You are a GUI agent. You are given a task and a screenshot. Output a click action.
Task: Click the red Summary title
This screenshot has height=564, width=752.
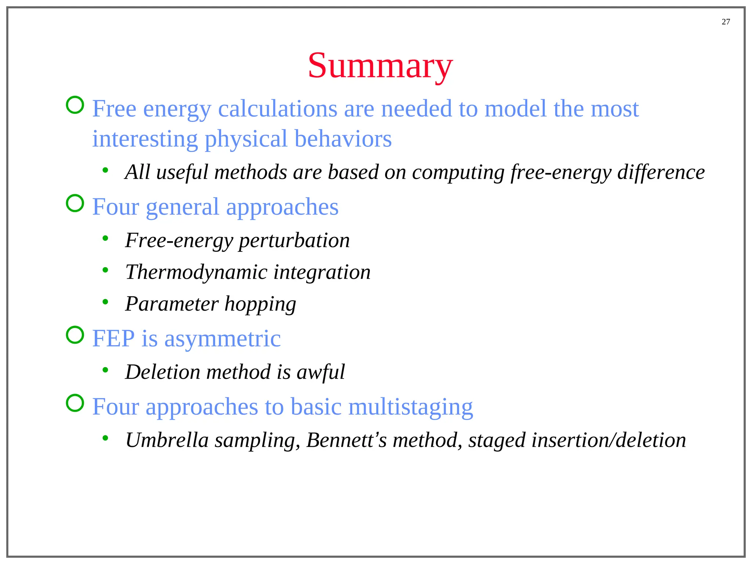coord(380,66)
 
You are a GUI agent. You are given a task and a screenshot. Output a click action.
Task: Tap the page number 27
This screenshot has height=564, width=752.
coord(726,22)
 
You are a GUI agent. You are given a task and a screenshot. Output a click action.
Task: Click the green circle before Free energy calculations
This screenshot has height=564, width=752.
coord(75,105)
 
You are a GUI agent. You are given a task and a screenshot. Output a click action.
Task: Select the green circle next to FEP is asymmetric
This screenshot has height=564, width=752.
coord(75,335)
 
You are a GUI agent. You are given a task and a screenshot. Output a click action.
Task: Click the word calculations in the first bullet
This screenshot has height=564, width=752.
coord(278,109)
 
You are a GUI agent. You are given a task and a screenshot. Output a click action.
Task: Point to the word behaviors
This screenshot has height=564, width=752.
coord(343,139)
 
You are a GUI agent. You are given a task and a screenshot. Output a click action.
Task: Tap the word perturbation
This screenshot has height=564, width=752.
coord(294,241)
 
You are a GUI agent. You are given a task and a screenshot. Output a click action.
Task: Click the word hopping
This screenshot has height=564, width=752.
coord(260,304)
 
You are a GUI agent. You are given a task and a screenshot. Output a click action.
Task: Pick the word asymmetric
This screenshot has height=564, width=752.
coord(223,339)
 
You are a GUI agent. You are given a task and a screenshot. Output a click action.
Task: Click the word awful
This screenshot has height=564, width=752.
coord(321,372)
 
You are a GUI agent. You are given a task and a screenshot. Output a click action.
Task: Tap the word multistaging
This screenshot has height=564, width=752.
coord(411,407)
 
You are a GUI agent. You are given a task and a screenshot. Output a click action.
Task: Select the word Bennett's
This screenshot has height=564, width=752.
coord(346,440)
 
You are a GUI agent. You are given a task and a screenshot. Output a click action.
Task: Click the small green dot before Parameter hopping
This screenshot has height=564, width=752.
coord(105,302)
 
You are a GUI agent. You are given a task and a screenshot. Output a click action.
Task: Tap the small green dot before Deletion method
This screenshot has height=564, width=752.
coord(105,370)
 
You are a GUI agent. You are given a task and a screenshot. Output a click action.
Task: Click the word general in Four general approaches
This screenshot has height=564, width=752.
coord(182,207)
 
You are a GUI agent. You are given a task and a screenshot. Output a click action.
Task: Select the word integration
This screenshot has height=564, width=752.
coord(322,272)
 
